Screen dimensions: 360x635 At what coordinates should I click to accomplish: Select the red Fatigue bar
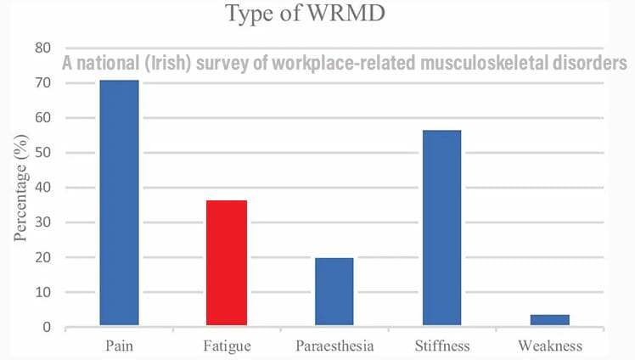(227, 262)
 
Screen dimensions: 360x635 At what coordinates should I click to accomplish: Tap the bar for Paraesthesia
(334, 291)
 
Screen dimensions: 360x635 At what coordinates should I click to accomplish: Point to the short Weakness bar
(549, 320)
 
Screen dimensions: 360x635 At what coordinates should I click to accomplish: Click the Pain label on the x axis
(119, 346)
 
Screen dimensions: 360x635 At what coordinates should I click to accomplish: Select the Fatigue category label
(227, 346)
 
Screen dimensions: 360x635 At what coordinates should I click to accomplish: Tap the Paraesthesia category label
(334, 346)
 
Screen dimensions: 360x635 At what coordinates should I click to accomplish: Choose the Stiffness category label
(441, 346)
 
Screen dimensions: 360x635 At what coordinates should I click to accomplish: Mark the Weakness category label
(549, 346)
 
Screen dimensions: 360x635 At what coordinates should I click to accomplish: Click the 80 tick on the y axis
(42, 48)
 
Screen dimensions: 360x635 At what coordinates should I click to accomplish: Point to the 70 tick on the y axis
(42, 83)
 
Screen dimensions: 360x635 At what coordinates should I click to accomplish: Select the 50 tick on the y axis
(42, 153)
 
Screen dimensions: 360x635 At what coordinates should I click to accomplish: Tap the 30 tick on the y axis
(42, 222)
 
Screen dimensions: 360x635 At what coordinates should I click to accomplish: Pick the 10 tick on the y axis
(42, 292)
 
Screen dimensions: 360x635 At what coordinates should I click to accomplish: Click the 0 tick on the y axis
(47, 327)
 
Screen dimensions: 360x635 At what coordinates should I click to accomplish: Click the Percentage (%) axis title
(20, 187)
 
